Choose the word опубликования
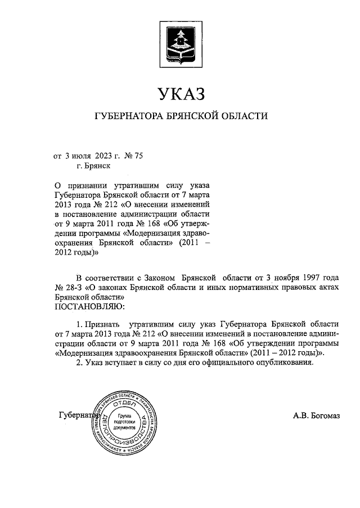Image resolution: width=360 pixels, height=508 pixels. click(x=282, y=363)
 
